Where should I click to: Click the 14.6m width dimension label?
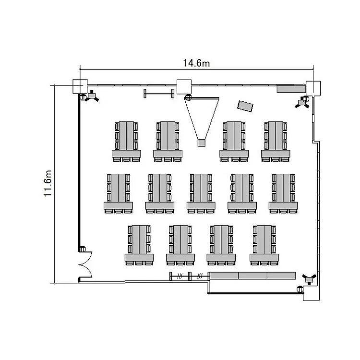(196, 63)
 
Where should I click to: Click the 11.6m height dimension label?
(48, 183)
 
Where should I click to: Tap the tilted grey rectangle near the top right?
(245, 106)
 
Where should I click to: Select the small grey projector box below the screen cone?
(201, 143)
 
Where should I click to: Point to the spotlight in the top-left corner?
(92, 96)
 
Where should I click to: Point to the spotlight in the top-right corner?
(302, 102)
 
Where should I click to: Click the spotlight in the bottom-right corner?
(309, 279)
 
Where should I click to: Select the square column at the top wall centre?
(184, 87)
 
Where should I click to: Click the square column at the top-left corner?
(80, 86)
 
